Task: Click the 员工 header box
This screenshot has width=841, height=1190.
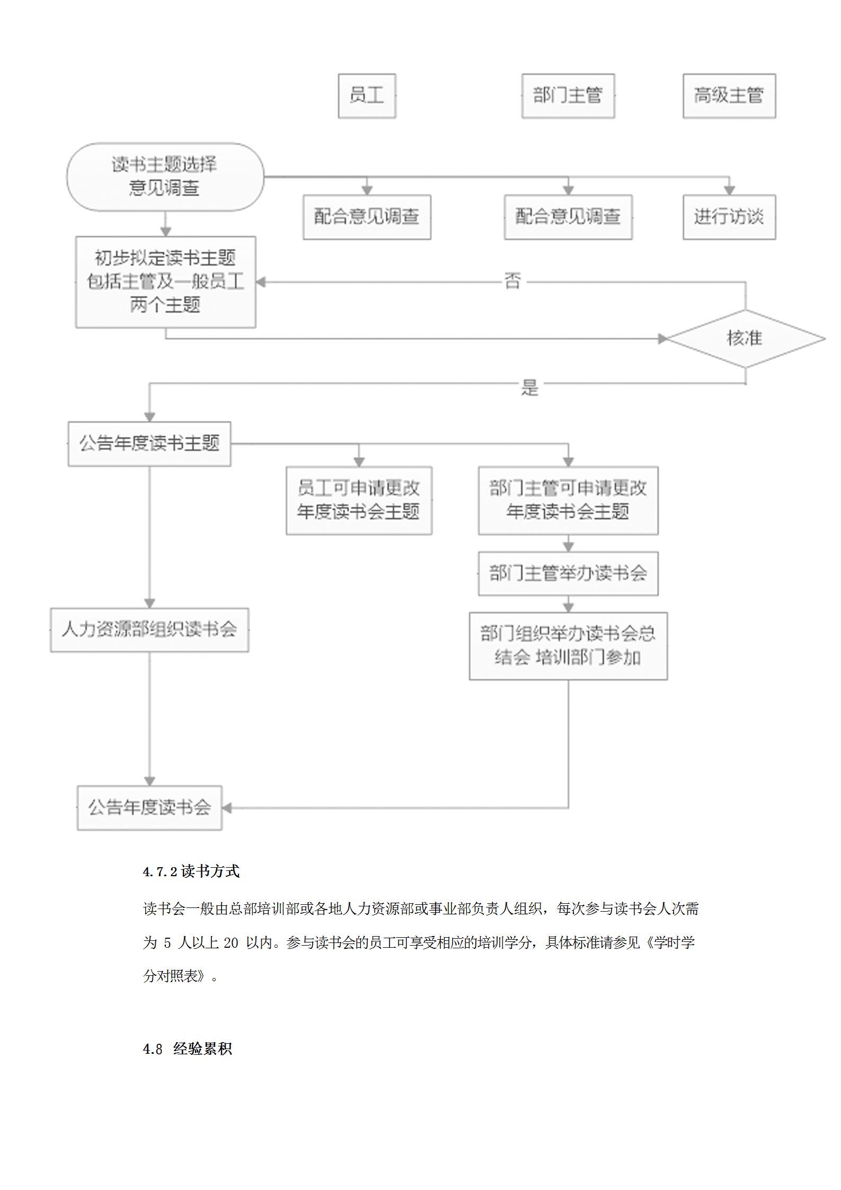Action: (367, 96)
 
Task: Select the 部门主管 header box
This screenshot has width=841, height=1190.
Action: (568, 96)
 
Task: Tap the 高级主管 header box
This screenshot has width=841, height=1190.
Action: (729, 96)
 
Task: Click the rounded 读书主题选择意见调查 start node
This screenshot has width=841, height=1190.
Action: (165, 177)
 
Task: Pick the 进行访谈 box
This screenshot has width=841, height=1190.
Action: (729, 217)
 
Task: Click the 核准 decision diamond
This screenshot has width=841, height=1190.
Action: (745, 338)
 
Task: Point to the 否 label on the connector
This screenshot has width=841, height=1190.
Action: (512, 281)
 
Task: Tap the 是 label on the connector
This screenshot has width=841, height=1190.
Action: (529, 387)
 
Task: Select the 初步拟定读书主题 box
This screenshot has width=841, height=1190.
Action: (165, 282)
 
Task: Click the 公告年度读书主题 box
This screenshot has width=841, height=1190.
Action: (149, 444)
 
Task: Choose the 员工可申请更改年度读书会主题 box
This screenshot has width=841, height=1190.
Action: (359, 500)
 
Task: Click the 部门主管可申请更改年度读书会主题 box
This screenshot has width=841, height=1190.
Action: (568, 500)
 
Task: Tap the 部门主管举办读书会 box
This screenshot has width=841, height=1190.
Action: (568, 574)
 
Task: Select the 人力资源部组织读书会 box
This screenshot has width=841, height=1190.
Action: (149, 630)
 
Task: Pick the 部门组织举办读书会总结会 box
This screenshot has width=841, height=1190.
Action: (568, 646)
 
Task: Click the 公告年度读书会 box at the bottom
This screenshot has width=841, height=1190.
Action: (149, 808)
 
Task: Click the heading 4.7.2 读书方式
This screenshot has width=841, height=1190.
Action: (191, 871)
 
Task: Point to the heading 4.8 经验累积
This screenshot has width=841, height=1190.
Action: (188, 1049)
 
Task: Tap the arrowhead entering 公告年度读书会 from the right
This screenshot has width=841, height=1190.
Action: (227, 808)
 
